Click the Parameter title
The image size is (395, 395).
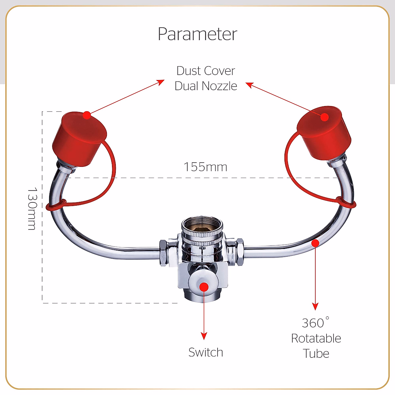tap(197, 34)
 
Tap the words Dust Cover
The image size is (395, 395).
tap(206, 71)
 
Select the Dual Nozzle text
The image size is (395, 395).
tap(206, 86)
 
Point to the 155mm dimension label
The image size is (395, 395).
tap(206, 167)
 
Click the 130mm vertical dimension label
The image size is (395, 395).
tap(32, 208)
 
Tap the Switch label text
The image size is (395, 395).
tap(206, 352)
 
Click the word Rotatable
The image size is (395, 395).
tap(316, 338)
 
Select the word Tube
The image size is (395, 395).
tap(316, 354)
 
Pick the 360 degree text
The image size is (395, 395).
tap(315, 323)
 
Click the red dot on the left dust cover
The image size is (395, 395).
tap(87, 115)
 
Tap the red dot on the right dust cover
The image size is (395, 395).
tap(325, 117)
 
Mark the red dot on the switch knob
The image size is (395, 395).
tap(204, 287)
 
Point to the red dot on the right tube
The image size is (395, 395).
tap(315, 243)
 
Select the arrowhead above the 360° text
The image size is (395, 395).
tap(315, 306)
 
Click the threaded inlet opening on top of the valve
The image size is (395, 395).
tap(202, 225)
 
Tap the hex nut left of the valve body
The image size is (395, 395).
tap(163, 253)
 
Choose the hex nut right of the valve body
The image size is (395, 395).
tap(240, 252)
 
